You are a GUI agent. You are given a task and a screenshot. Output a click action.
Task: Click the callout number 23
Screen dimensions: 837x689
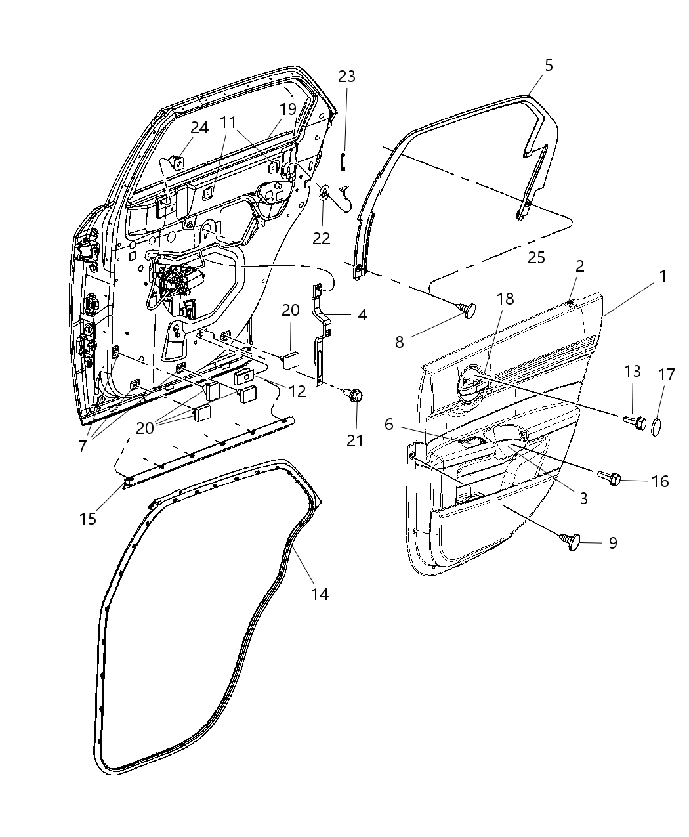click(x=346, y=76)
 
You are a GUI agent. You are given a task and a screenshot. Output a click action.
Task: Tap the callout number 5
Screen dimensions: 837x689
click(x=549, y=65)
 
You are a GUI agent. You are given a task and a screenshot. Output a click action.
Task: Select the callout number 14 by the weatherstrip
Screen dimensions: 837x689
click(x=319, y=593)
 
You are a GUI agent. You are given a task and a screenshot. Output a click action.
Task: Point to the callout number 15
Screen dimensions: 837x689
click(x=88, y=518)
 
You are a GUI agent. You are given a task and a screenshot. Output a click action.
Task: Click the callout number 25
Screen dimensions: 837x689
click(x=536, y=258)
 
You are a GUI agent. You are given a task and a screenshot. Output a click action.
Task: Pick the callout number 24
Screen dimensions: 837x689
click(x=199, y=127)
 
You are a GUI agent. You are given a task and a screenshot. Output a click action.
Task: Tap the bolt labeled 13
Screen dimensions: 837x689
click(x=636, y=422)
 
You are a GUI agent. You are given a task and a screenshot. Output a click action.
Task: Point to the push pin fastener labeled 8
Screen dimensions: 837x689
click(x=468, y=309)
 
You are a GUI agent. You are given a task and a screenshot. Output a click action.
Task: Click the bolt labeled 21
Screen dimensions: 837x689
click(x=356, y=396)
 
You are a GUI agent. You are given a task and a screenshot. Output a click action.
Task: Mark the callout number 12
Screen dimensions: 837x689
click(x=297, y=392)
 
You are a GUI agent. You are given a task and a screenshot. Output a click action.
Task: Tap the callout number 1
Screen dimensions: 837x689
click(x=663, y=276)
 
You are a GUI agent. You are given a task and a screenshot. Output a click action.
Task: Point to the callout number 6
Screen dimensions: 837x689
click(x=389, y=425)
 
